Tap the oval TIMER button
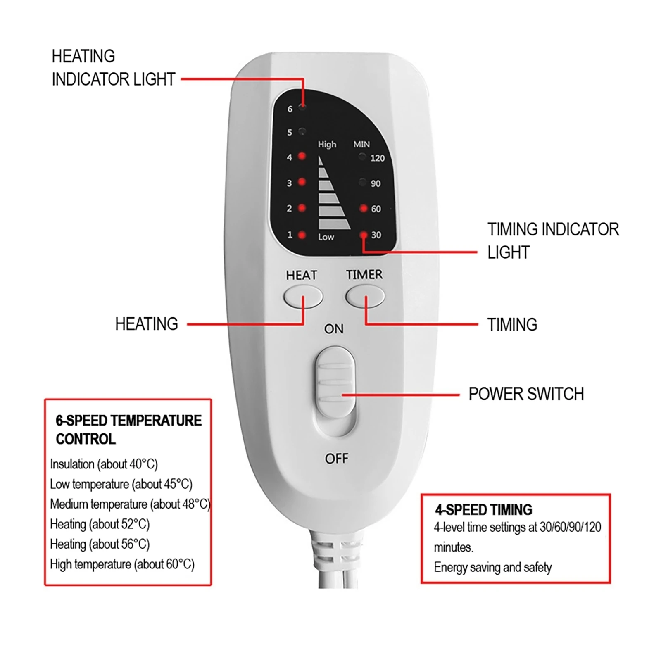tap(365, 297)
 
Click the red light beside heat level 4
tap(302, 156)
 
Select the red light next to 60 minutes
tap(364, 208)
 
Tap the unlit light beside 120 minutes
tap(362, 157)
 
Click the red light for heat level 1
tap(302, 235)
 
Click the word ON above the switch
tap(334, 329)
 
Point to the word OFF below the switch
tap(336, 458)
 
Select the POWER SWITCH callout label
tap(526, 394)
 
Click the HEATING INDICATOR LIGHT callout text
tap(113, 68)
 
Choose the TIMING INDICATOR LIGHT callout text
tap(553, 240)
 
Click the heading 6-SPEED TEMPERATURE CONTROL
tap(128, 430)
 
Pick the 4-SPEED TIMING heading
tap(483, 510)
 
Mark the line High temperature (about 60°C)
tap(122, 564)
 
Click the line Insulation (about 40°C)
tap(104, 464)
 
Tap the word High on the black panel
tap(327, 144)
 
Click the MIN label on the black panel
tap(361, 144)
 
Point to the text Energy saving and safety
tap(492, 567)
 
